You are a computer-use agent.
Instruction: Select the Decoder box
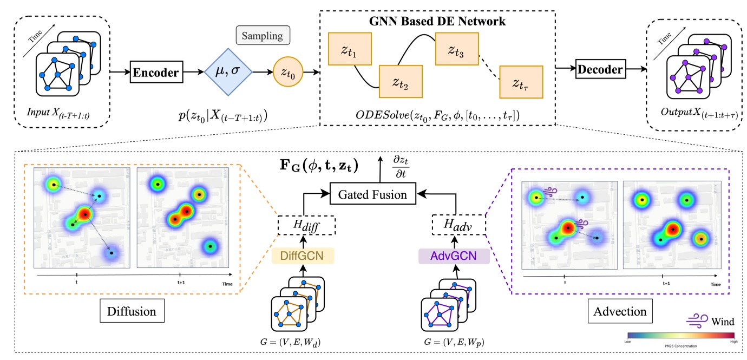pos(599,69)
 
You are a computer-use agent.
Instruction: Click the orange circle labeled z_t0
pos(289,72)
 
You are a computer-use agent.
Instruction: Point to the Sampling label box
pos(263,36)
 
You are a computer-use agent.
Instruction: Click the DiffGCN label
pos(303,254)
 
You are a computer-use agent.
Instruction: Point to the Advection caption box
pos(619,312)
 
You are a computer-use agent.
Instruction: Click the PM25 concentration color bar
pos(680,335)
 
